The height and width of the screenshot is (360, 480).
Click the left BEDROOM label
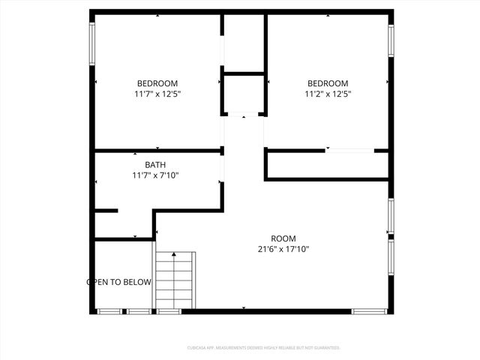pyautogui.click(x=157, y=83)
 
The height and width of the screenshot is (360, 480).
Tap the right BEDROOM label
pyautogui.click(x=328, y=83)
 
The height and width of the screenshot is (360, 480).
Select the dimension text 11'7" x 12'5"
pyautogui.click(x=157, y=94)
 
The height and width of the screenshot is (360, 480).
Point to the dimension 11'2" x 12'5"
pyautogui.click(x=328, y=94)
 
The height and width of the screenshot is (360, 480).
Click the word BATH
pyautogui.click(x=155, y=165)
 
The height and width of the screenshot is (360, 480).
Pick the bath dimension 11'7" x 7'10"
pyautogui.click(x=155, y=175)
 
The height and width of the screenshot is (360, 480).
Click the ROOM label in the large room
pyautogui.click(x=278, y=238)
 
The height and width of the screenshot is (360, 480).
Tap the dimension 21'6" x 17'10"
pyautogui.click(x=278, y=249)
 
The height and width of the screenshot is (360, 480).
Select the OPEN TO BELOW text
pyautogui.click(x=119, y=283)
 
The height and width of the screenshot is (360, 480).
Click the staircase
pyautogui.click(x=175, y=280)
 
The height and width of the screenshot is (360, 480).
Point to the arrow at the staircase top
pyautogui.click(x=175, y=256)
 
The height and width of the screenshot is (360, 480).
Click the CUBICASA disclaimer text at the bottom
pyautogui.click(x=263, y=348)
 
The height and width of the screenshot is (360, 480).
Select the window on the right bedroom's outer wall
pyautogui.click(x=390, y=40)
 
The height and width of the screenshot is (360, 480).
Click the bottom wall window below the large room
pyautogui.click(x=369, y=310)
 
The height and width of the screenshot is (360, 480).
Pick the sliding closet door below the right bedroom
pyautogui.click(x=349, y=151)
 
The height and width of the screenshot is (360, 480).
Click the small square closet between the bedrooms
pyautogui.click(x=243, y=94)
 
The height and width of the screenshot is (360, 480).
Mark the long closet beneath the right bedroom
pyautogui.click(x=327, y=165)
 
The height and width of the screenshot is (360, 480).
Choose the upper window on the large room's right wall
pyautogui.click(x=390, y=217)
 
